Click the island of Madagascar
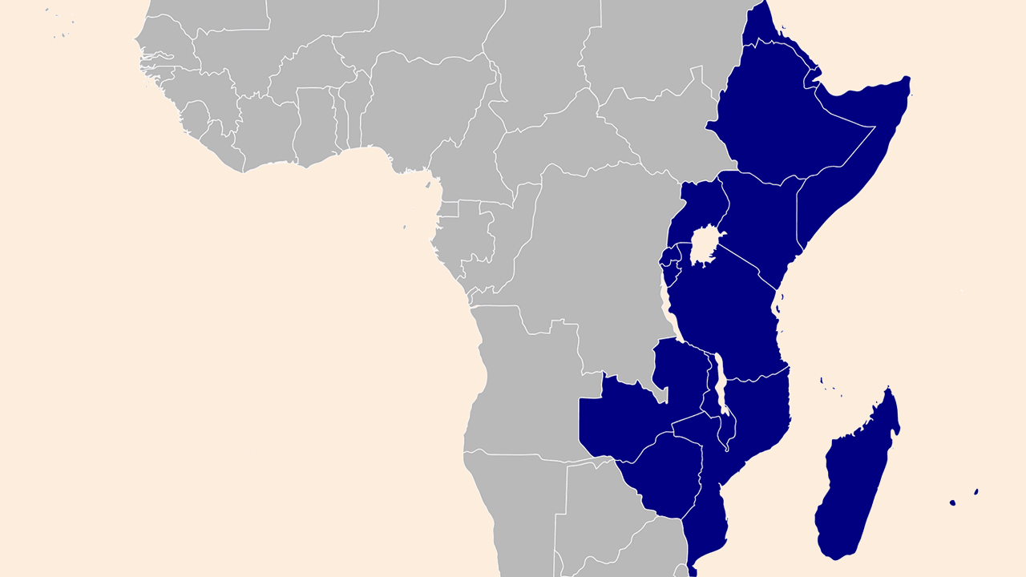[x=854, y=481]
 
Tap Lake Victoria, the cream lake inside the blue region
[x=703, y=245]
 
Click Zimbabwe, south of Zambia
[x=665, y=473]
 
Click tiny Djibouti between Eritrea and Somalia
[x=812, y=79]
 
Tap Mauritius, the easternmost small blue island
[x=976, y=491]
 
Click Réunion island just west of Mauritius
[x=952, y=502]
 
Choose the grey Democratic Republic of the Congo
[x=593, y=264]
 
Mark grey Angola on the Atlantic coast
[x=529, y=385]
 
